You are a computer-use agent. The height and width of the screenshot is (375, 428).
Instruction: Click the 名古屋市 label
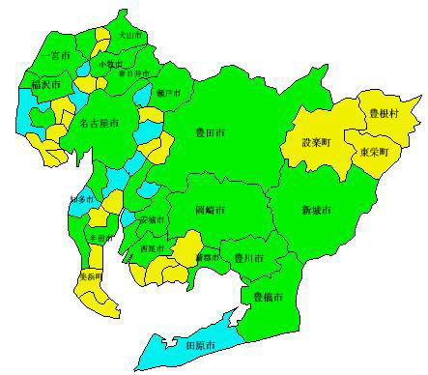point(99,125)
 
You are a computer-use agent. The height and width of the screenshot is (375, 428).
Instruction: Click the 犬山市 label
point(128,35)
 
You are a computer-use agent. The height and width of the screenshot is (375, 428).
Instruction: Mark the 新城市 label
point(315,210)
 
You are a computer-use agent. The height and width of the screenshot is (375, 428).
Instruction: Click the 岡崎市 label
point(210,210)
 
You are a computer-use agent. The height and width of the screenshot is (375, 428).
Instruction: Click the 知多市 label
point(83,199)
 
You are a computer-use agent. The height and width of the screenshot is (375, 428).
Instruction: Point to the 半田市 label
point(99,238)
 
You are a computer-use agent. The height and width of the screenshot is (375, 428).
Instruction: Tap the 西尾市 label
point(152,249)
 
